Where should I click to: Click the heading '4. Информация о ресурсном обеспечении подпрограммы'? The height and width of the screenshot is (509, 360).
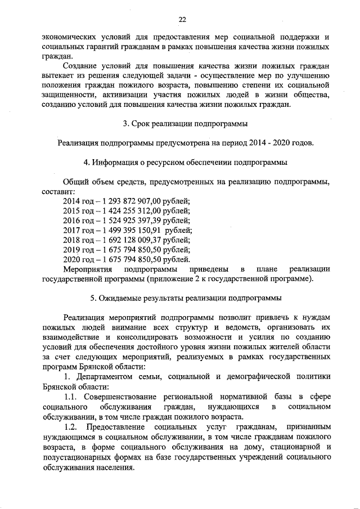[186, 163]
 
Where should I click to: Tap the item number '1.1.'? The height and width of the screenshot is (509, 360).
[71, 397]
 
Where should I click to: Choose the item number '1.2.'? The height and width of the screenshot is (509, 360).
[71, 426]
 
